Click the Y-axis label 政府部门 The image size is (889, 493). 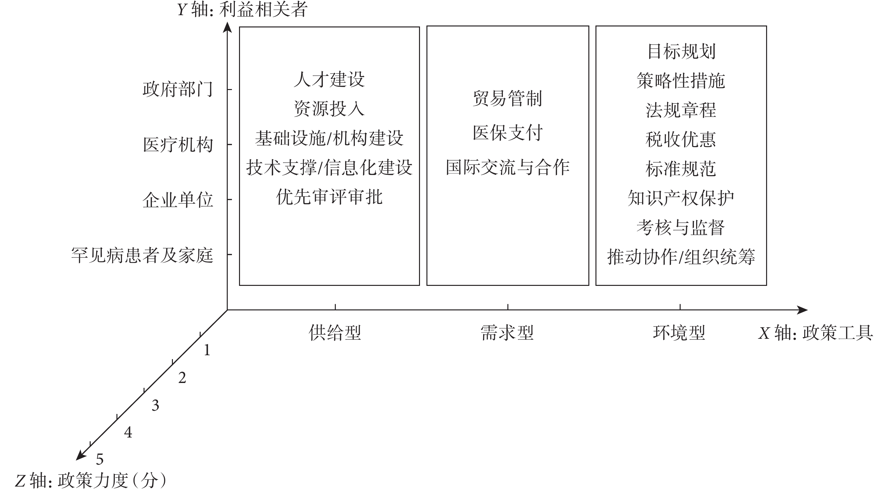(x=178, y=89)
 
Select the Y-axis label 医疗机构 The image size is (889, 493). (x=178, y=145)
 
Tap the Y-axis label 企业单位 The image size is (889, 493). (x=178, y=200)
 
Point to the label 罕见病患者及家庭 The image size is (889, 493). (x=142, y=256)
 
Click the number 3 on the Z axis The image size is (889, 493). (x=155, y=405)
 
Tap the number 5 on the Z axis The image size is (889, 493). (x=100, y=459)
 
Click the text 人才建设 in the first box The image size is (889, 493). (x=329, y=79)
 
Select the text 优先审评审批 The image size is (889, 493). (x=329, y=197)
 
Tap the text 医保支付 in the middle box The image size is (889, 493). (x=508, y=133)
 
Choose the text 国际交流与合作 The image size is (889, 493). (x=508, y=167)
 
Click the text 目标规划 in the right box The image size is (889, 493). (x=681, y=51)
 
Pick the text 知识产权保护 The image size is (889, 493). (x=681, y=198)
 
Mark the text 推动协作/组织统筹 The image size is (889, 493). (x=681, y=257)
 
